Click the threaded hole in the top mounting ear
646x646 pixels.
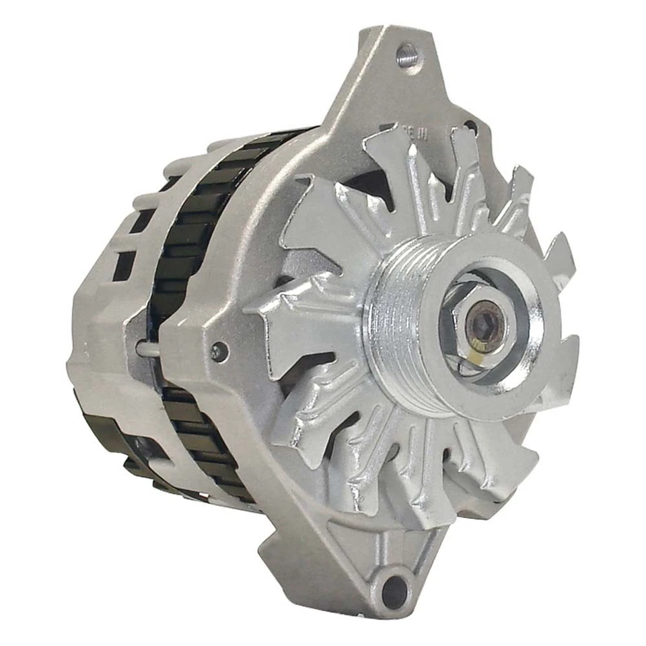tap(406, 54)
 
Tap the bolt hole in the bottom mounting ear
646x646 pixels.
tap(395, 589)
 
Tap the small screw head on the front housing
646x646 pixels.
tap(218, 350)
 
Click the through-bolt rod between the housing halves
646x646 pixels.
tap(149, 348)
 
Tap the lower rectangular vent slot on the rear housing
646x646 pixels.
tap(123, 266)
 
